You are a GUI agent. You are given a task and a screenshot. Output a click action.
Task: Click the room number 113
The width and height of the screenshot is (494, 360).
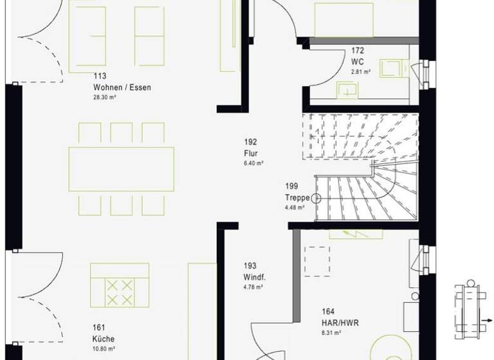pos(100,76)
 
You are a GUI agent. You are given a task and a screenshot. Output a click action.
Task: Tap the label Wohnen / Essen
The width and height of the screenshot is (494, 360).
pos(122,87)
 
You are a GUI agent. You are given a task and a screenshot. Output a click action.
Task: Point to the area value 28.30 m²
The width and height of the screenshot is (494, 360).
pos(104,98)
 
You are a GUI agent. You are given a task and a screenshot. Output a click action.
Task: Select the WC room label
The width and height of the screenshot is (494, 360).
pos(358,62)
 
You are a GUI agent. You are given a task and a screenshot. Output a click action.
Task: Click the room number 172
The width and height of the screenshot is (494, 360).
pos(358,50)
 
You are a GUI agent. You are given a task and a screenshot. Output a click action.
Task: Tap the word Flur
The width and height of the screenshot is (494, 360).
pos(251,153)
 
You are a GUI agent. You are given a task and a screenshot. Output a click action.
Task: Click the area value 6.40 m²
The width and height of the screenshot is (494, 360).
pos(253,163)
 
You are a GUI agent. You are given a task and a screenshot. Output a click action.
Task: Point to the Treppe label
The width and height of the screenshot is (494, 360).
pos(298,197)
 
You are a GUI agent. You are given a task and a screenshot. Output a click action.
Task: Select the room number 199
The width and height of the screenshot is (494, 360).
pos(293,187)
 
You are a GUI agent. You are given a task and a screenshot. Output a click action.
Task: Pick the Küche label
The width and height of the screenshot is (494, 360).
pos(104,339)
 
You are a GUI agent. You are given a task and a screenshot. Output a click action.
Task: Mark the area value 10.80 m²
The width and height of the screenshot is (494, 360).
pos(104,349)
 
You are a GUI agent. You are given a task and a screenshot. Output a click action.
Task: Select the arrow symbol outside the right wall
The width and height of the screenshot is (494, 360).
pos(487,319)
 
